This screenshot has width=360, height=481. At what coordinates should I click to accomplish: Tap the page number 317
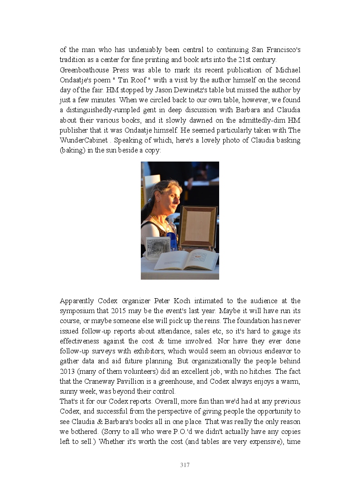[x=185, y=465]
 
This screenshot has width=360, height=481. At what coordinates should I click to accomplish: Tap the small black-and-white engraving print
[x=158, y=247]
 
